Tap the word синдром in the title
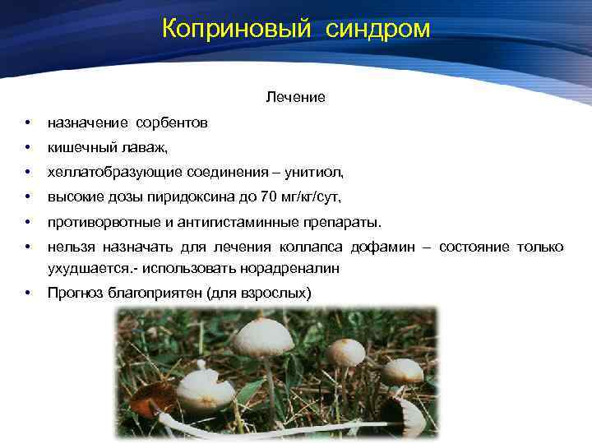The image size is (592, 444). pos(377,29)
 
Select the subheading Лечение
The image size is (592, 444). pos(295,98)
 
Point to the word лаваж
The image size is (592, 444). pos(146,148)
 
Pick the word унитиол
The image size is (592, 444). pos(316,173)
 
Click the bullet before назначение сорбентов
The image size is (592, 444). pos(28,123)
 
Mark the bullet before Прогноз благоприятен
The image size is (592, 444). pos(28,293)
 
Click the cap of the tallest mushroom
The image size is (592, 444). pos(262,336)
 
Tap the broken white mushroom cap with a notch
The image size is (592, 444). pos(205,389)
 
